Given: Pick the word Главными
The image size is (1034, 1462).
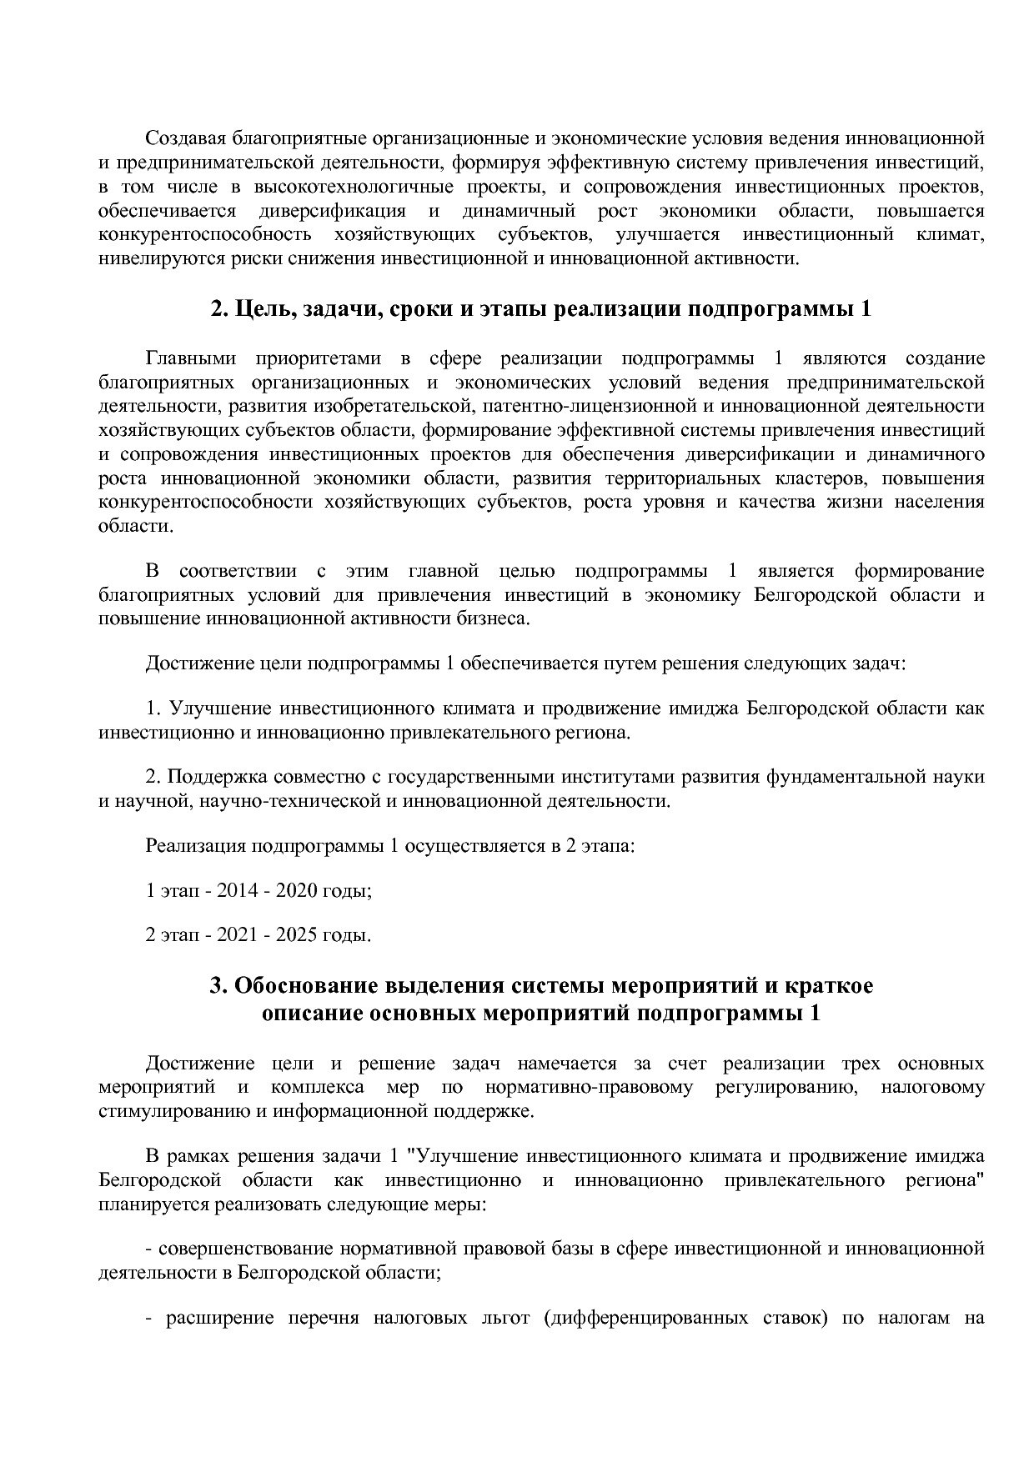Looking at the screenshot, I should point(191,358).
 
